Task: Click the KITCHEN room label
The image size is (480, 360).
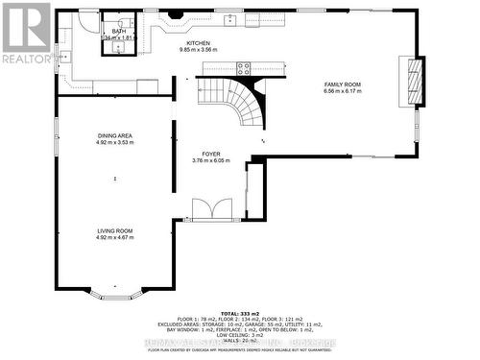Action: tap(198, 43)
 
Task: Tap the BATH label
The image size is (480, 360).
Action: tap(119, 31)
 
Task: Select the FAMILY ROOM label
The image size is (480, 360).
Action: tap(343, 84)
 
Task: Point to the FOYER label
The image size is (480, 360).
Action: tap(212, 154)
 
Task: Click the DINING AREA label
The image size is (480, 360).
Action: tap(114, 135)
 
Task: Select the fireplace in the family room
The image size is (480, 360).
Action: tap(414, 78)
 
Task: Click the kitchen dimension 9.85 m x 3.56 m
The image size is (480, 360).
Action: tap(198, 50)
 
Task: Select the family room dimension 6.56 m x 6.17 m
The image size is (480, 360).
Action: tap(343, 91)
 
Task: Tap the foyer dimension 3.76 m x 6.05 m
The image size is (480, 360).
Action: tap(212, 160)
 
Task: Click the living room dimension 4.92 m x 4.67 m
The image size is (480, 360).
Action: tap(114, 237)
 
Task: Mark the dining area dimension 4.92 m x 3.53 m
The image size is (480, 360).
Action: tap(114, 142)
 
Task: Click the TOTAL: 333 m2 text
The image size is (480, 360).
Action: tap(239, 313)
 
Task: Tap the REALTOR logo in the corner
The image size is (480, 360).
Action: tap(26, 34)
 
